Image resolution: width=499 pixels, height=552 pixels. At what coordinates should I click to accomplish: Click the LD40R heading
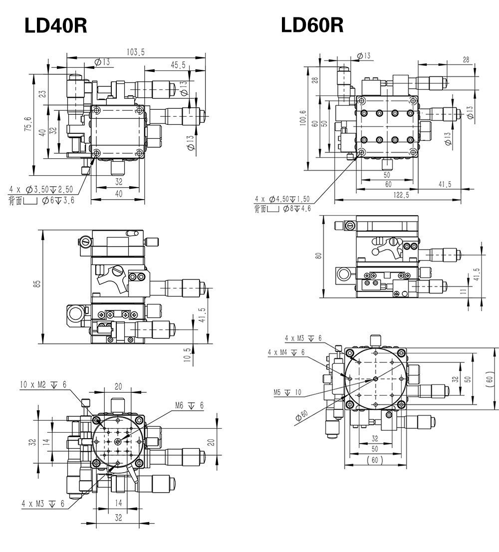point(55,25)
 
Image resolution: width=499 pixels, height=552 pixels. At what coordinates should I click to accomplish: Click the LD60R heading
point(312,25)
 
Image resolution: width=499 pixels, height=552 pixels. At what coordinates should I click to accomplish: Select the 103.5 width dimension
point(136,52)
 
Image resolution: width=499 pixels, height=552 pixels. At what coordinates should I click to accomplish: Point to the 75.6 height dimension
point(27,124)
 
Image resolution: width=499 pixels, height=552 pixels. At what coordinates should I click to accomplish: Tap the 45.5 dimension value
point(178,65)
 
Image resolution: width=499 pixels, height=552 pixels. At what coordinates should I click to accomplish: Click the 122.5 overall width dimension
point(401,195)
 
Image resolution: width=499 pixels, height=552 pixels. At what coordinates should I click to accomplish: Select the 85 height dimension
point(37,283)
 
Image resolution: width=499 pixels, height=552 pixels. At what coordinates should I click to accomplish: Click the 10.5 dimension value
point(187,355)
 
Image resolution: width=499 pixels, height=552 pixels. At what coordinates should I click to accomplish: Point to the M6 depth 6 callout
point(189,406)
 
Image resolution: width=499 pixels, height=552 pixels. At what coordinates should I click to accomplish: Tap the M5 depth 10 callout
point(287,392)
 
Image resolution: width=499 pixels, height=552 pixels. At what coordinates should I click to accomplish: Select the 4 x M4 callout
point(286,352)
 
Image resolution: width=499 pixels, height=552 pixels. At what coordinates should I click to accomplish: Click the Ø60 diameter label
point(301,416)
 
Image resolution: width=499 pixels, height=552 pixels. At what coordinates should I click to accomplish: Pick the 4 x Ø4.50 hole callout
point(282,199)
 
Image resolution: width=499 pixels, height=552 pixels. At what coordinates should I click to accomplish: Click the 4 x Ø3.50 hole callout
point(41,190)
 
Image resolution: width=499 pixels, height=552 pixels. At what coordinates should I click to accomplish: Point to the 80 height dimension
point(318,256)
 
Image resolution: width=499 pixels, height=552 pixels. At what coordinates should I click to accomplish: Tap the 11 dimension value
point(464,291)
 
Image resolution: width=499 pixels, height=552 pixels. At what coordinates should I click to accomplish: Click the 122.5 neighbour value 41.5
point(445,184)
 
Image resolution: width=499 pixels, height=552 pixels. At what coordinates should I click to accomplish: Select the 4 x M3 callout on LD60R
point(303,338)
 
